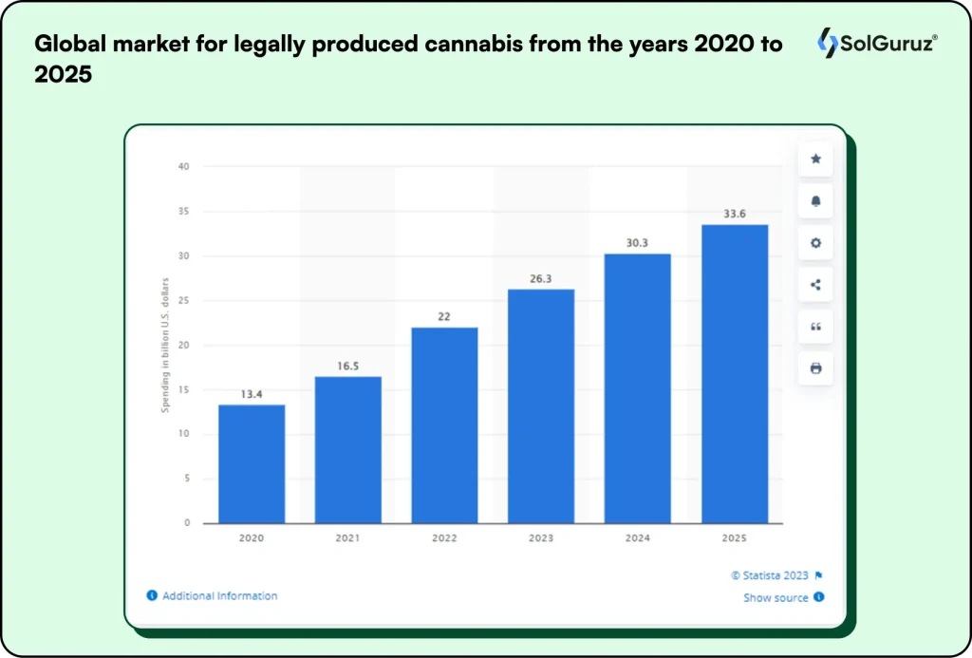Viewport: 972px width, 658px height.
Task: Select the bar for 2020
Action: tap(252, 463)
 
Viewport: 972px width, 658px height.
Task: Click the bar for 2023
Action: tap(541, 405)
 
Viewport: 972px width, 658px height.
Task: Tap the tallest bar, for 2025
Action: tap(734, 373)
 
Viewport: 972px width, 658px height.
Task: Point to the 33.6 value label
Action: tap(734, 215)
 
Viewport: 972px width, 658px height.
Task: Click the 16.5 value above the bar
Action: tap(347, 367)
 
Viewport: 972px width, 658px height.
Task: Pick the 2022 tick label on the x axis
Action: tap(444, 538)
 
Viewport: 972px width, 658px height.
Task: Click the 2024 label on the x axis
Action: tap(638, 538)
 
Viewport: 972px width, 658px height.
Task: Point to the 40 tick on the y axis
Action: tap(183, 167)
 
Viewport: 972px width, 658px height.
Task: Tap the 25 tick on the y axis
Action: tap(183, 301)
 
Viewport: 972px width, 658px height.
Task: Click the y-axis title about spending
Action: tap(165, 345)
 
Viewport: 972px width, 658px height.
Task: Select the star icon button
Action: tap(815, 160)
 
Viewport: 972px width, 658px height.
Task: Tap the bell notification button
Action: tap(815, 201)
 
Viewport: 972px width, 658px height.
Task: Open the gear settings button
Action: tap(815, 243)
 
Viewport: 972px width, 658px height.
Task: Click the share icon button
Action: tap(815, 285)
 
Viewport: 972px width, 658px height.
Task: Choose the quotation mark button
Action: tap(815, 327)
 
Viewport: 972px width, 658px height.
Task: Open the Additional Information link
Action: tap(219, 596)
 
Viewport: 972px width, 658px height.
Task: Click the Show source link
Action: tap(776, 598)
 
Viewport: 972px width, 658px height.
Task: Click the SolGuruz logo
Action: tap(875, 43)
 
